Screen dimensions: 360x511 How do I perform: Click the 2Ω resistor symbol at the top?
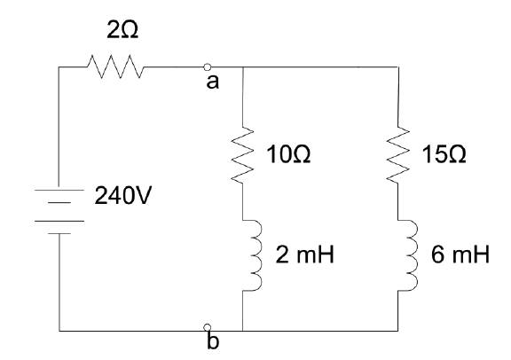(x=114, y=66)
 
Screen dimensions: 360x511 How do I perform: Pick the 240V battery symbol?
(x=58, y=215)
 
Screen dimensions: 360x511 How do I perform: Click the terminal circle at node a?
(x=207, y=66)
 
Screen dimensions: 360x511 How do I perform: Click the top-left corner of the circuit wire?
(x=58, y=66)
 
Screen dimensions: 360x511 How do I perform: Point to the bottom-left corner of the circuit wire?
(x=58, y=330)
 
